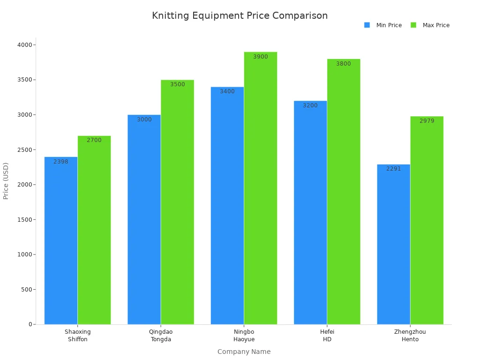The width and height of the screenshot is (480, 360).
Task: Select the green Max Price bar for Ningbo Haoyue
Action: (x=261, y=188)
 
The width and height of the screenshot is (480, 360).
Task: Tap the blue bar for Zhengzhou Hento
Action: (x=393, y=244)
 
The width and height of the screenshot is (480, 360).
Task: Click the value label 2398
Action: (x=61, y=162)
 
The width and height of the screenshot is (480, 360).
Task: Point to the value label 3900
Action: (x=261, y=57)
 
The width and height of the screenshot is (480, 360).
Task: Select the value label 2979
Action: (x=427, y=121)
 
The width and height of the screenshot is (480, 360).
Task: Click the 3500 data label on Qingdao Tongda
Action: (x=178, y=84)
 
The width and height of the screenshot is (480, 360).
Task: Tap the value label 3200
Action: (x=310, y=105)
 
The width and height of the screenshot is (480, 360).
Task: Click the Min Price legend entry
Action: (x=383, y=25)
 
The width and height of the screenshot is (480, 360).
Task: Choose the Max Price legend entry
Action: (x=430, y=25)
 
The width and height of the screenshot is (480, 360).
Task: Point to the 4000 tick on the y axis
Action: (x=25, y=45)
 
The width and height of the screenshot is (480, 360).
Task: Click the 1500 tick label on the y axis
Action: (x=25, y=220)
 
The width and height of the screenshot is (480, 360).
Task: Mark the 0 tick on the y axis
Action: (x=30, y=324)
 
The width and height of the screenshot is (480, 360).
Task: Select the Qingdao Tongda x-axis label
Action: (x=161, y=336)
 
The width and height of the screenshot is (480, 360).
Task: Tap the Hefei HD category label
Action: (x=327, y=336)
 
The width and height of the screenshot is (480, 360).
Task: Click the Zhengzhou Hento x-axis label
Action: (x=410, y=336)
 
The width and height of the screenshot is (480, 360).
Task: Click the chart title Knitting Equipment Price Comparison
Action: (x=240, y=15)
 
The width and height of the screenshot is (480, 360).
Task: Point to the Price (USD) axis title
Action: (x=6, y=180)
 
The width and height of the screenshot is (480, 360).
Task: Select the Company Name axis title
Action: (x=244, y=352)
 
